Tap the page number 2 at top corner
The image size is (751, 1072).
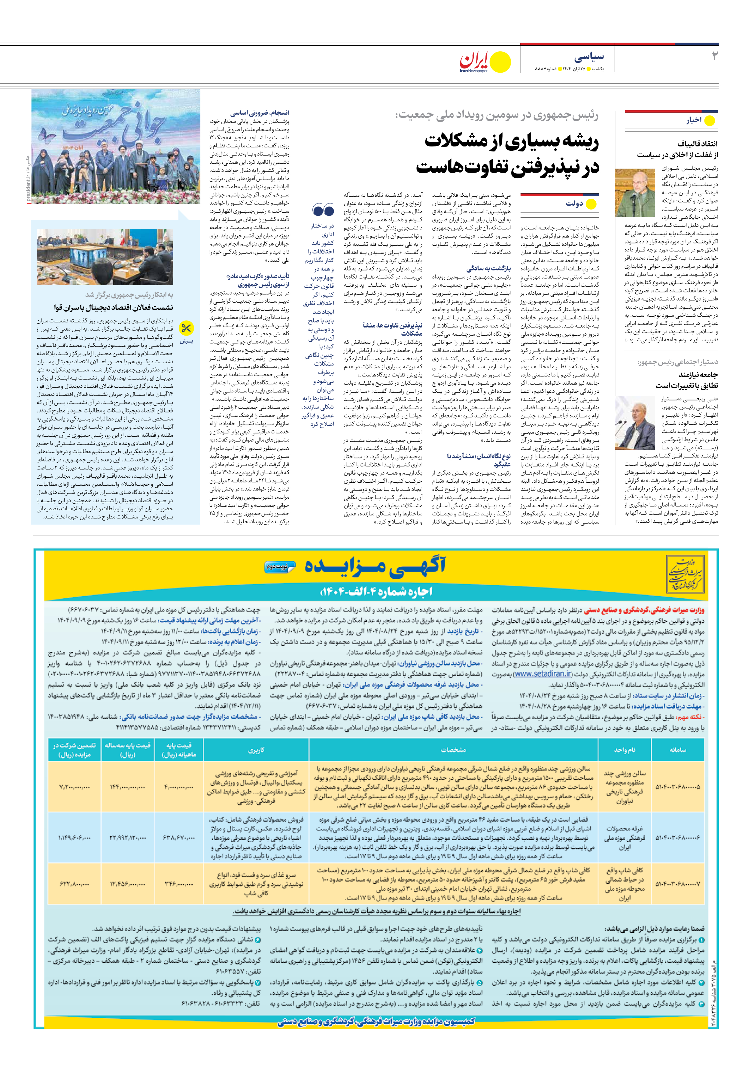click(x=714, y=56)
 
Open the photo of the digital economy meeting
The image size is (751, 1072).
click(x=105, y=257)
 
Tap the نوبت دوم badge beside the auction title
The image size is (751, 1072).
click(x=280, y=566)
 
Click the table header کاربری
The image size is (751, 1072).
click(x=256, y=750)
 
